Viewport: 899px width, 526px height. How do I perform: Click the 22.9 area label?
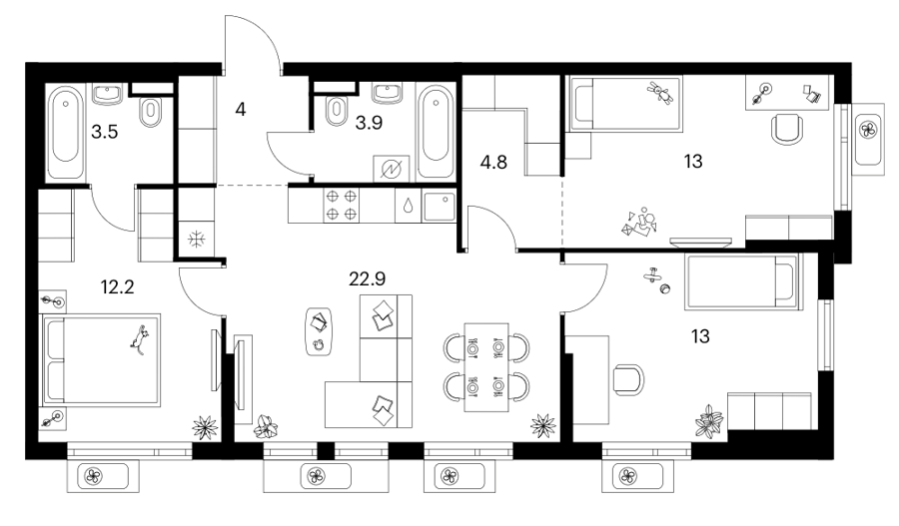(367, 279)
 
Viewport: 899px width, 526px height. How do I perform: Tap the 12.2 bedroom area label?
(117, 286)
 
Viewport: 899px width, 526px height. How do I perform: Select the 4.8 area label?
(493, 162)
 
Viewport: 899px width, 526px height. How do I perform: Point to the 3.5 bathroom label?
(104, 133)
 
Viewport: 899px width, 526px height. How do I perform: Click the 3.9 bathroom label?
(369, 122)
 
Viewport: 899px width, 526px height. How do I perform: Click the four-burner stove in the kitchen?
(342, 206)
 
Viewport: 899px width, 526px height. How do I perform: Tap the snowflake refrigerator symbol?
(197, 239)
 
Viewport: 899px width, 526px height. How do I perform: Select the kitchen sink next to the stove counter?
(440, 207)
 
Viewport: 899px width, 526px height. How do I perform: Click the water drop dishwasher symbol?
(408, 206)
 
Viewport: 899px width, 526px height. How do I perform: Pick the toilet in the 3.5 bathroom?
(151, 111)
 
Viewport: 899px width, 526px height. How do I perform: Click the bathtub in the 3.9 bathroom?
(436, 131)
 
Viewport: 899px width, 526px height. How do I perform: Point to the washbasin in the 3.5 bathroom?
(107, 94)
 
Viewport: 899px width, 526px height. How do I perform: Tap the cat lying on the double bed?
(139, 339)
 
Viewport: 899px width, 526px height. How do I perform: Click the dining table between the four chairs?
(486, 367)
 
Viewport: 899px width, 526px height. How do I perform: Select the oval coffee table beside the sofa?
(320, 331)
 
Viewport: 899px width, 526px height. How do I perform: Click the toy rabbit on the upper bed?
(661, 94)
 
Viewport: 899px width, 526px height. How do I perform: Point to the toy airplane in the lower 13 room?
(651, 276)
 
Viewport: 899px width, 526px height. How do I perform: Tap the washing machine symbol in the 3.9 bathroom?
(391, 169)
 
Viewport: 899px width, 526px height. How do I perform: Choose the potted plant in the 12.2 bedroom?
(205, 427)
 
